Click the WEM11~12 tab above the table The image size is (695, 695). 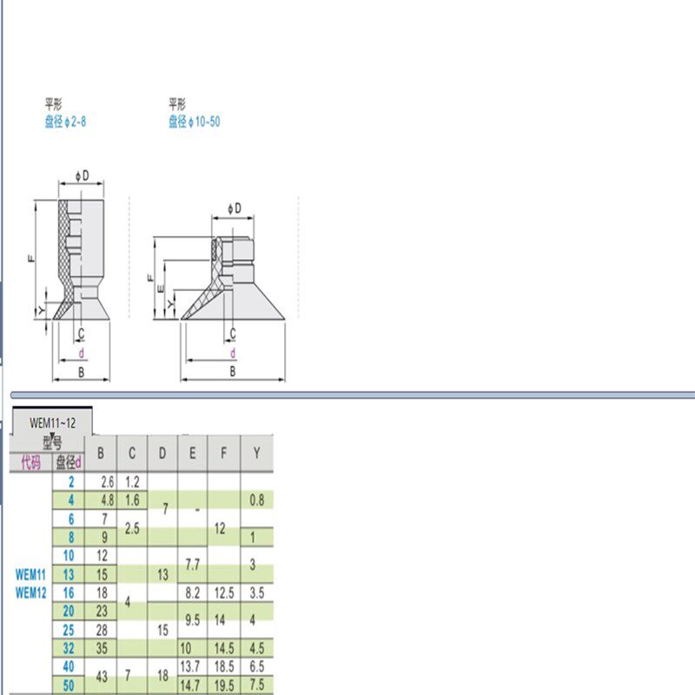point(53,423)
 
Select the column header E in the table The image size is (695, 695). point(193,453)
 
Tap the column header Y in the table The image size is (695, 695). point(256,453)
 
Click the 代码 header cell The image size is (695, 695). point(30,462)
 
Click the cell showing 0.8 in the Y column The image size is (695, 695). point(256,500)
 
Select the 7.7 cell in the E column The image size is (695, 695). point(193,564)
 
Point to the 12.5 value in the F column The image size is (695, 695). point(224,592)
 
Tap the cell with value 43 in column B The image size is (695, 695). point(102,676)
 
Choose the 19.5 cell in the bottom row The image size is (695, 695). point(224,685)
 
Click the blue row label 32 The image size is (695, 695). point(68,648)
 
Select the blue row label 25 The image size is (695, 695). point(68,629)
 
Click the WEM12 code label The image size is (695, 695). point(30,592)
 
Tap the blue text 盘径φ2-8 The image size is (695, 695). point(65,122)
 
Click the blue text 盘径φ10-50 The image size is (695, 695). point(195,122)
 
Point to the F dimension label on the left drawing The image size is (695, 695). point(31,258)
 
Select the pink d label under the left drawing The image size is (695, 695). point(81,354)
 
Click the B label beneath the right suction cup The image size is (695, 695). point(233,371)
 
